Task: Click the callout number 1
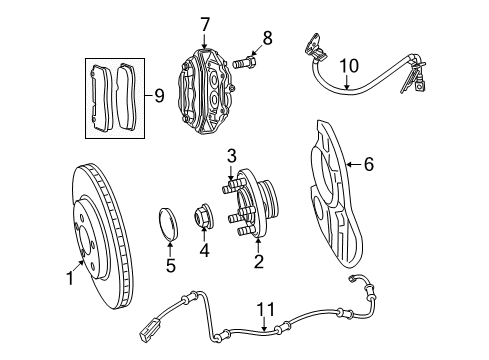[70, 281]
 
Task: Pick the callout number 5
[170, 266]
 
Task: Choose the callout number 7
[205, 22]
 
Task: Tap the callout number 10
[348, 68]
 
